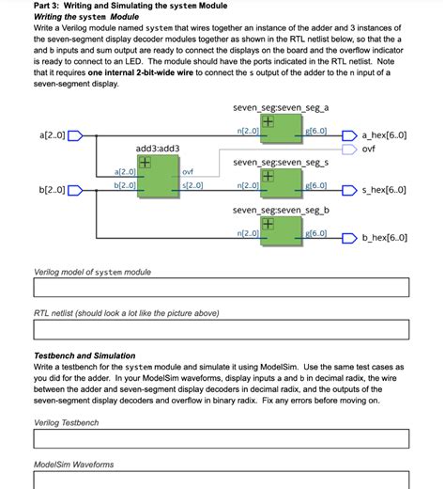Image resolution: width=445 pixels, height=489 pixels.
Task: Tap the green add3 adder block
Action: (157, 178)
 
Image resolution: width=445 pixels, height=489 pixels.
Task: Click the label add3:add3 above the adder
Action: (158, 149)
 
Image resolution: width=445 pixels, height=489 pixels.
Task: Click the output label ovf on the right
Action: (369, 149)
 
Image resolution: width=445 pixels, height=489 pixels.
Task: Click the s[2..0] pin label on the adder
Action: (192, 185)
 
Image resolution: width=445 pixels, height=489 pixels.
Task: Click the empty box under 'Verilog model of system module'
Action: (222, 288)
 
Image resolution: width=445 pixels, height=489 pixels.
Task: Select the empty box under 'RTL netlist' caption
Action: (222, 329)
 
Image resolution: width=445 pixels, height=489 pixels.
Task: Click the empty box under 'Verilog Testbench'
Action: (222, 438)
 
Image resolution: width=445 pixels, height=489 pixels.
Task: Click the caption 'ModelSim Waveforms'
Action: (75, 465)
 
